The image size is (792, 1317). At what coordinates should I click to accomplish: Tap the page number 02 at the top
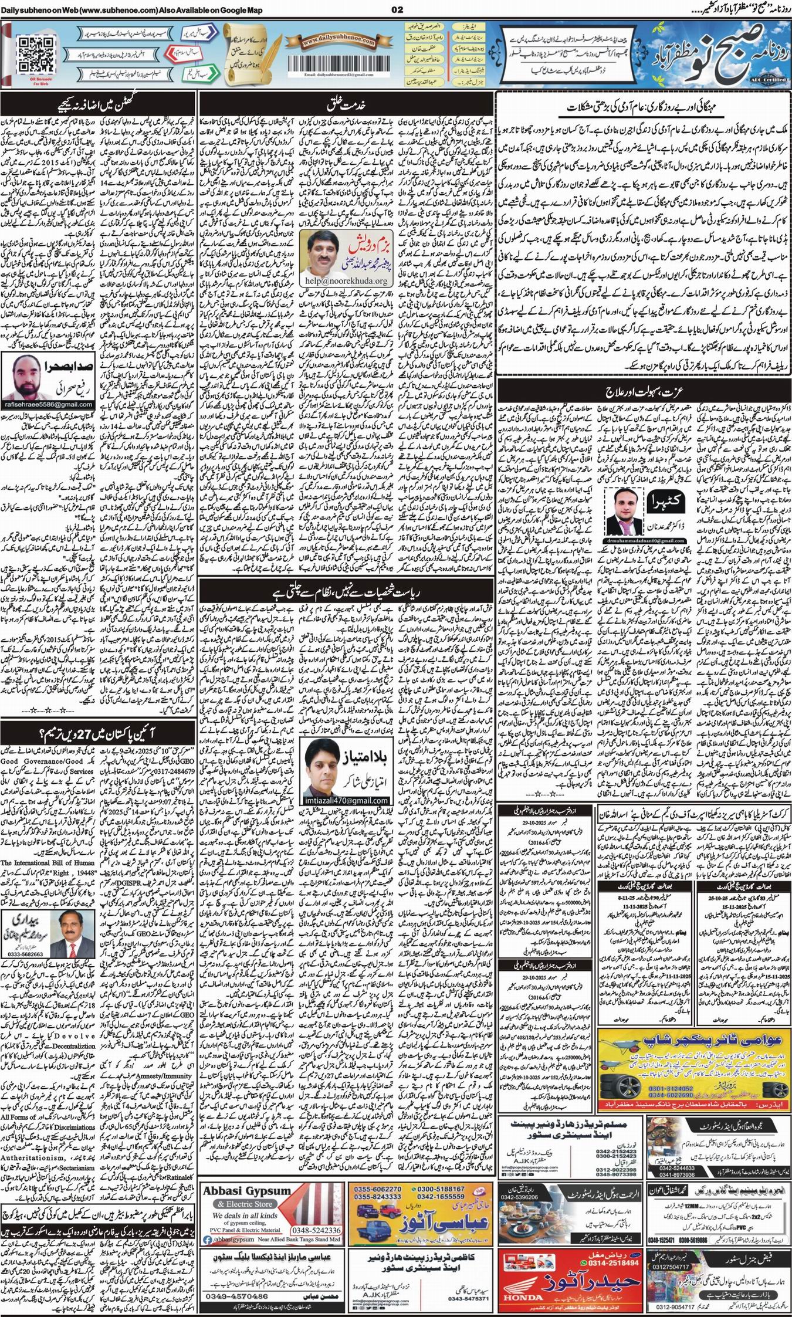[x=396, y=10]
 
